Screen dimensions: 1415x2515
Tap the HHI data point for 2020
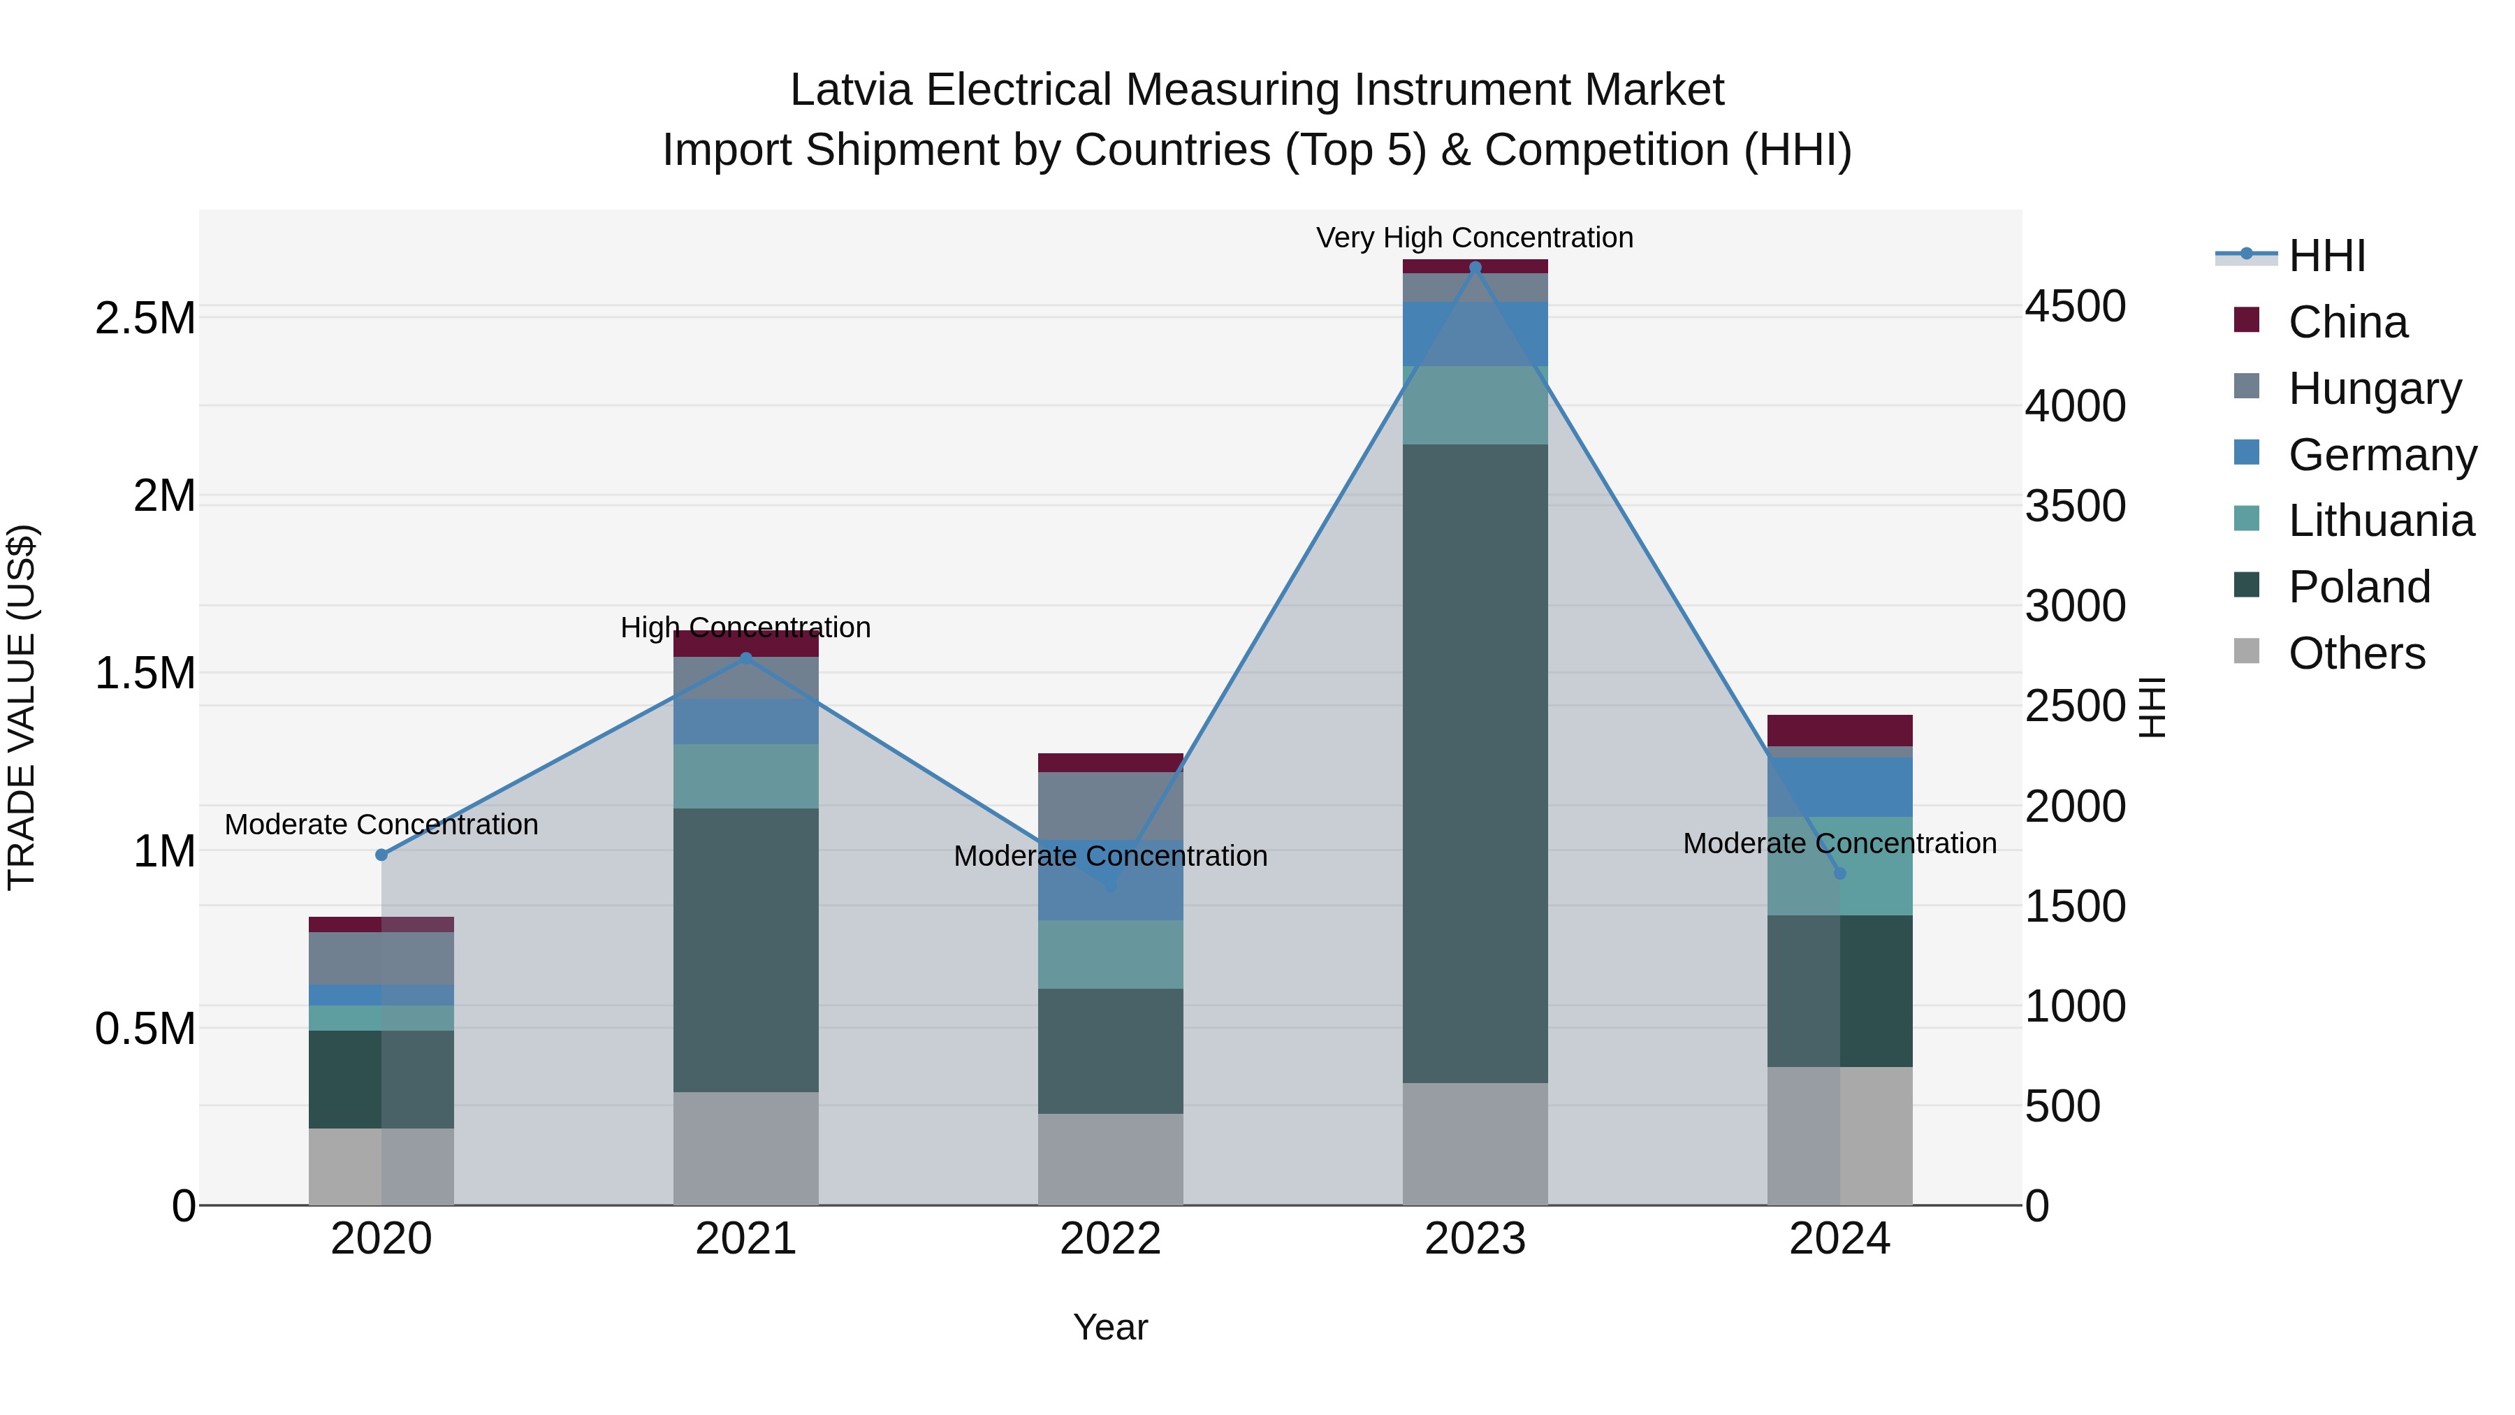[381, 855]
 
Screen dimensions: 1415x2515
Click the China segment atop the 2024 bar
[1839, 730]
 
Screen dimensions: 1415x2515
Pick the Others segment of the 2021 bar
[746, 1147]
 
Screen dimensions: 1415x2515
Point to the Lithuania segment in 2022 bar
[1110, 954]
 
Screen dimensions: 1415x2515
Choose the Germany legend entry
[2382, 455]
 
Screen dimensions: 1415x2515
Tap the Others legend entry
[2356, 653]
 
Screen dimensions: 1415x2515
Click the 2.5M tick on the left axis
[145, 319]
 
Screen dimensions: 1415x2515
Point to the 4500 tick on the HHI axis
[2075, 307]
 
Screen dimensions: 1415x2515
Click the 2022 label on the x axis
[1110, 1239]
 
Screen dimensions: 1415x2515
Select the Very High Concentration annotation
[1474, 238]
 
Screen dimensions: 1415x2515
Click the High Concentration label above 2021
[746, 627]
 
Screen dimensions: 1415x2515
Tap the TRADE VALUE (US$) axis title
[22, 707]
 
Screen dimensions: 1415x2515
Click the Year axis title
[1110, 1327]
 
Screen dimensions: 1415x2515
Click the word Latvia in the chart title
[850, 90]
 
